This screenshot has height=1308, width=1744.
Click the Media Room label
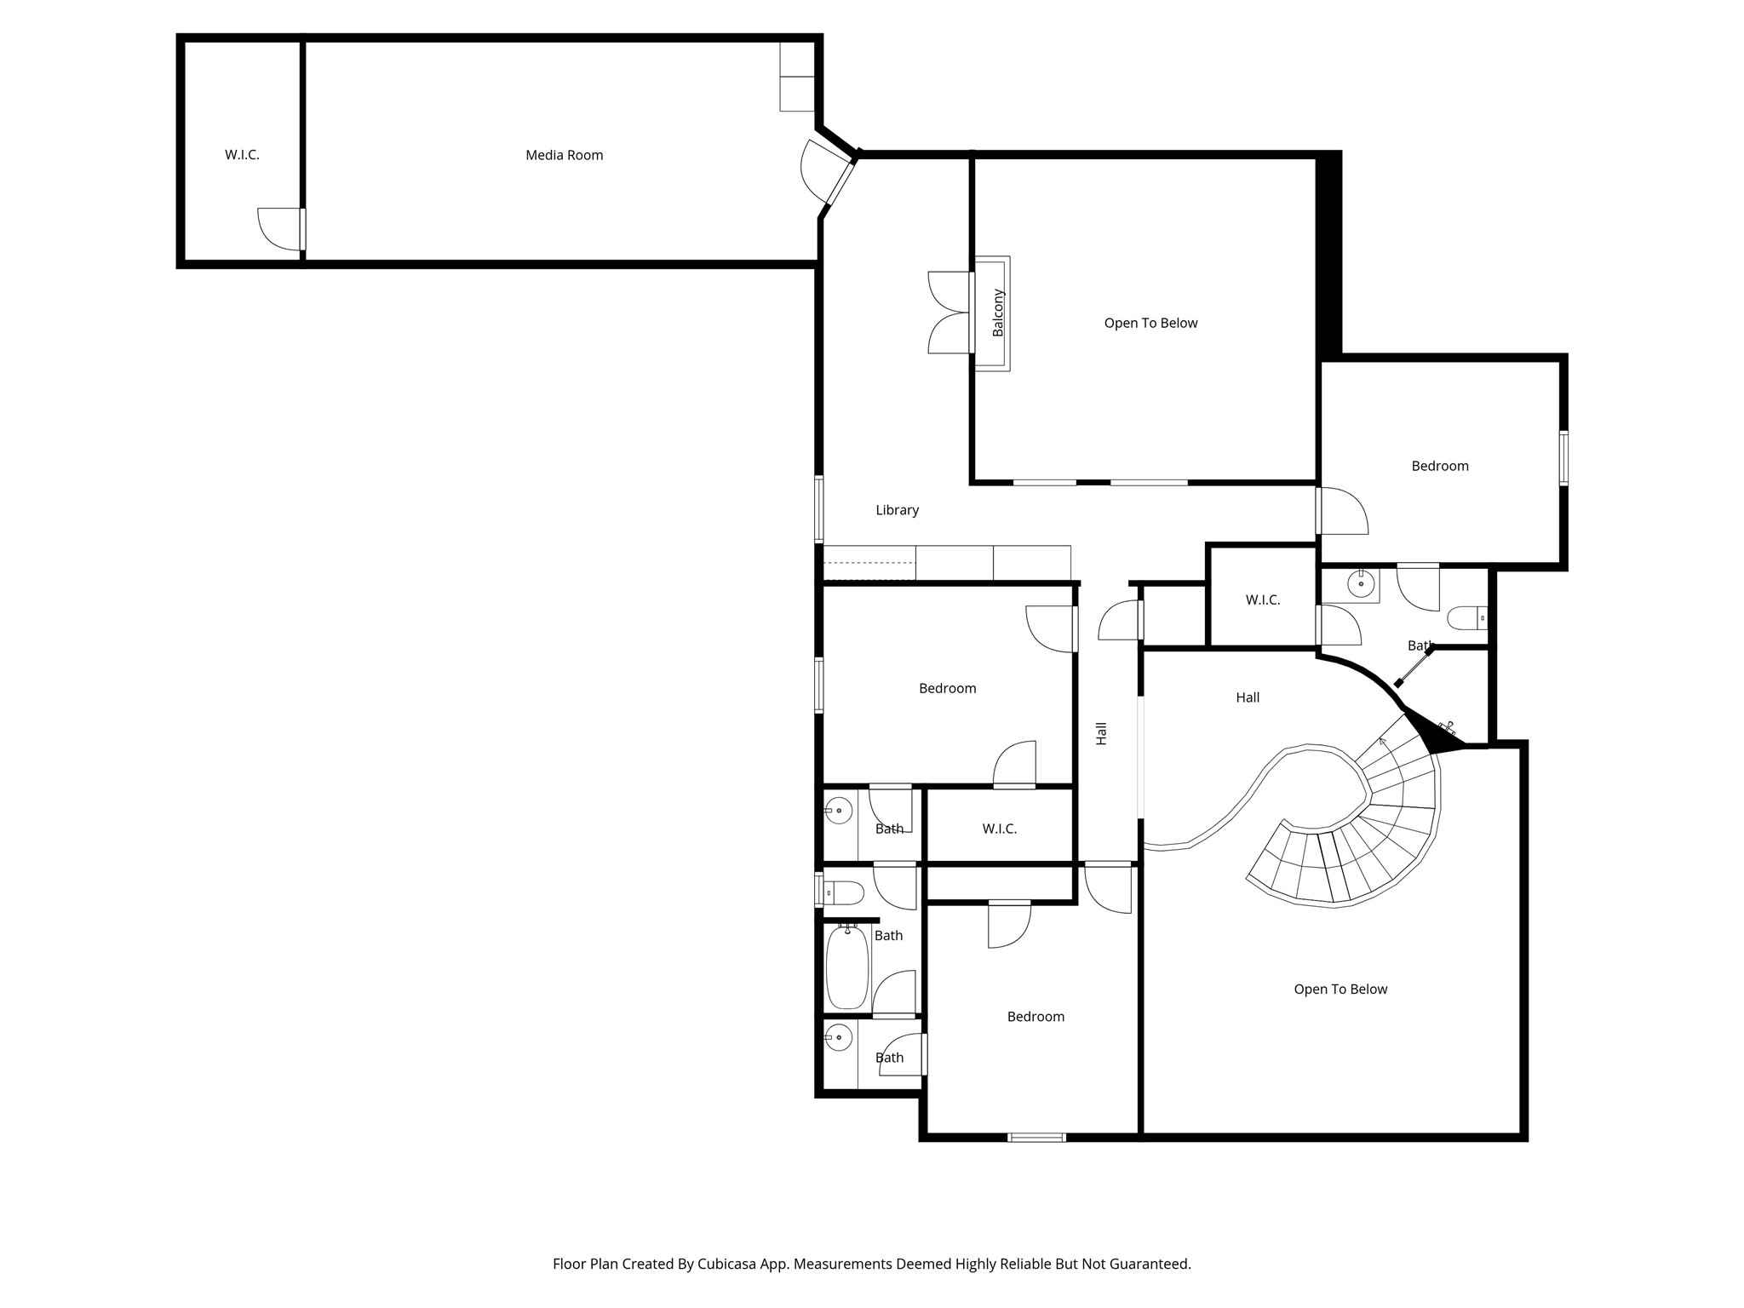[x=564, y=155]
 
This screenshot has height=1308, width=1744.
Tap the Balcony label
[x=998, y=313]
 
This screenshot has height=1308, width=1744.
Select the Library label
[x=897, y=510]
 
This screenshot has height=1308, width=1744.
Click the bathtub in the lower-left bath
[x=847, y=968]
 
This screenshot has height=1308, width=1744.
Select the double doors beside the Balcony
[x=949, y=313]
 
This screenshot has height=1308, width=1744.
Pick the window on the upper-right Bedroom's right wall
[x=1564, y=458]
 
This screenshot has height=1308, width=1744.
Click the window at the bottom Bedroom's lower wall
[x=1036, y=1137]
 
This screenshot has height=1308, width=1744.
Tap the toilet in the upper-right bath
[x=1467, y=617]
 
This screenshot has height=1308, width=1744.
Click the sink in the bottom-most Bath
[x=839, y=1037]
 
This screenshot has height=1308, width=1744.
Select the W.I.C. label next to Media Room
[x=242, y=155]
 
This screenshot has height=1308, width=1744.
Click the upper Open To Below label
[x=1150, y=323]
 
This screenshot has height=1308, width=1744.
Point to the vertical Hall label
[x=1101, y=733]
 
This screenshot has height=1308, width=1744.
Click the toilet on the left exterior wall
[x=843, y=892]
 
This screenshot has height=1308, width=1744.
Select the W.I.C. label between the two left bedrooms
[x=999, y=829]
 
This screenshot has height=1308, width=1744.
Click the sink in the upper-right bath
[x=1361, y=584]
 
